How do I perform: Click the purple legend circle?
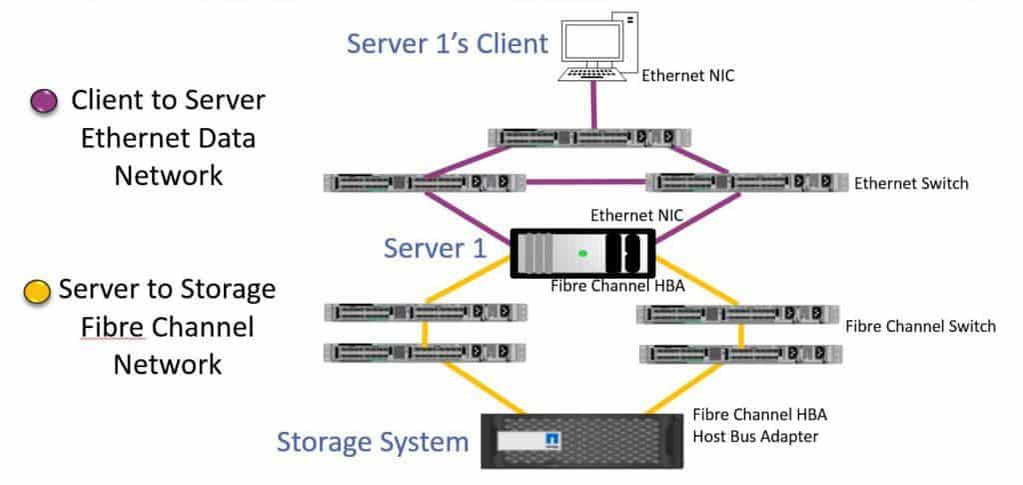click(x=44, y=102)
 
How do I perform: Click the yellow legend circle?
click(x=36, y=292)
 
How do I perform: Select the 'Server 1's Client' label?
click(x=448, y=44)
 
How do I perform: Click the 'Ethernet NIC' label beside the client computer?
click(x=687, y=74)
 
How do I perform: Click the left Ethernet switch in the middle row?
click(x=424, y=182)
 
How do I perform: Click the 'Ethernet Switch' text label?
click(x=911, y=184)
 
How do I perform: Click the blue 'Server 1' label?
click(x=436, y=248)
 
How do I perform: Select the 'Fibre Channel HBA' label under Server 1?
click(x=610, y=287)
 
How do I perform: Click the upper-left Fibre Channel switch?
click(x=426, y=313)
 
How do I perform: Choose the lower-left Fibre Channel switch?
click(x=426, y=352)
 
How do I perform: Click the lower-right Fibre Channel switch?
click(x=739, y=353)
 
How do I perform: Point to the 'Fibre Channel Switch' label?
click(x=919, y=326)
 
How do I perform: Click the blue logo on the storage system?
click(x=549, y=439)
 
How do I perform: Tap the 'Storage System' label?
click(x=372, y=441)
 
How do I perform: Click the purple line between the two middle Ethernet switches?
click(x=585, y=182)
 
